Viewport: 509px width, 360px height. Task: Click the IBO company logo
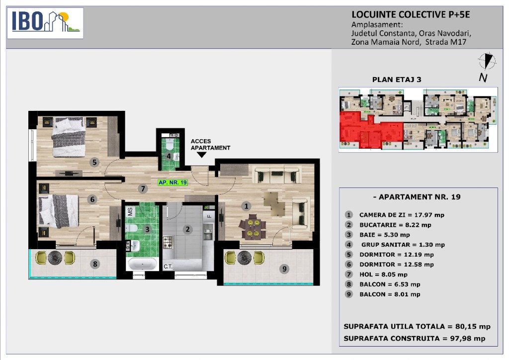[45, 23]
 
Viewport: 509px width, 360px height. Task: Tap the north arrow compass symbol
[487, 61]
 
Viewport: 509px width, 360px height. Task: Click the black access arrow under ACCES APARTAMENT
[202, 155]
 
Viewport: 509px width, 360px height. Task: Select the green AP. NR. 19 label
[172, 182]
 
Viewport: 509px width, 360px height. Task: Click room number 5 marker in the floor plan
[94, 162]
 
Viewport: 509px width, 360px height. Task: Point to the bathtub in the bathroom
[143, 264]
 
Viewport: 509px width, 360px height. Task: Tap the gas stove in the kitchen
[168, 242]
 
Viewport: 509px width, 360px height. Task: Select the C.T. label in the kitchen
[168, 267]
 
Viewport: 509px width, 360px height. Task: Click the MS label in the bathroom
[130, 212]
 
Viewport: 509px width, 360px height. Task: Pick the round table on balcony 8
[55, 258]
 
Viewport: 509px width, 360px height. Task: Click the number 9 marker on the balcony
[284, 269]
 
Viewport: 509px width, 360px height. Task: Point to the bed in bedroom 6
[59, 211]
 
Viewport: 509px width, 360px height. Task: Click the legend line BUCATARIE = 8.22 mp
[395, 225]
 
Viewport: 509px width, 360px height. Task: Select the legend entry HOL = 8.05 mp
[383, 274]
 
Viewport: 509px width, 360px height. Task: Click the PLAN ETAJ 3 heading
[396, 80]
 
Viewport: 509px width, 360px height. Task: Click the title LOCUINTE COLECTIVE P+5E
[411, 14]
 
